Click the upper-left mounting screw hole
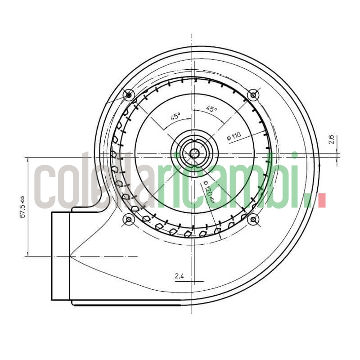pyautogui.click(x=129, y=95)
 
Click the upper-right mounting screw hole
pyautogui.click(x=253, y=95)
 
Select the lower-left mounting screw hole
pyautogui.click(x=129, y=219)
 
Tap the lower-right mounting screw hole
pyautogui.click(x=253, y=219)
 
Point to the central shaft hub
pyautogui.click(x=194, y=153)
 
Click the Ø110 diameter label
pyautogui.click(x=234, y=135)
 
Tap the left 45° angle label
pyautogui.click(x=175, y=116)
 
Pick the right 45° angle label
pyautogui.click(x=211, y=109)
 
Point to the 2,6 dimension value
pyautogui.click(x=331, y=139)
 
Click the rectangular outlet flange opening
pyautogui.click(x=61, y=256)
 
